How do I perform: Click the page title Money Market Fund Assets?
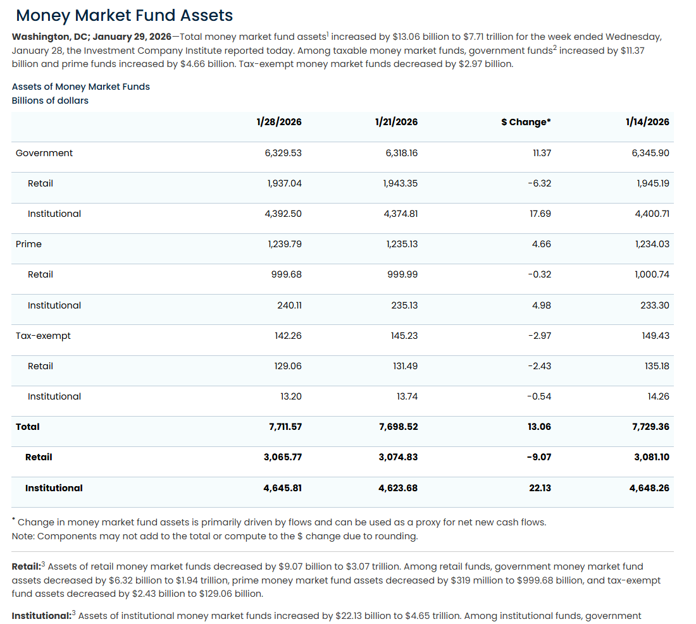(x=124, y=16)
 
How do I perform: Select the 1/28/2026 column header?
(x=279, y=122)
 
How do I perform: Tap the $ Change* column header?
(x=526, y=122)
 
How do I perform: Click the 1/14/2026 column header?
(x=647, y=122)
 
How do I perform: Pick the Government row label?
(x=44, y=153)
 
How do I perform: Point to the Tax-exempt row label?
(x=43, y=336)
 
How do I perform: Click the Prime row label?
(x=28, y=244)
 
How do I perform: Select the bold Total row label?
(x=28, y=427)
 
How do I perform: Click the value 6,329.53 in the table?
(x=283, y=153)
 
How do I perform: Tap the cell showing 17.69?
(x=540, y=214)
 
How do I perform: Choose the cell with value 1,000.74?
(x=652, y=274)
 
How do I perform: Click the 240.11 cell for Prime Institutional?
(x=289, y=305)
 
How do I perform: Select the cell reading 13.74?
(x=407, y=396)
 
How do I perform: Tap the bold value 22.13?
(x=539, y=488)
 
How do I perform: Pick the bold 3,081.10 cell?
(x=651, y=457)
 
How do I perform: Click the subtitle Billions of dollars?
(x=50, y=101)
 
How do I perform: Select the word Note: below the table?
(x=23, y=536)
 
